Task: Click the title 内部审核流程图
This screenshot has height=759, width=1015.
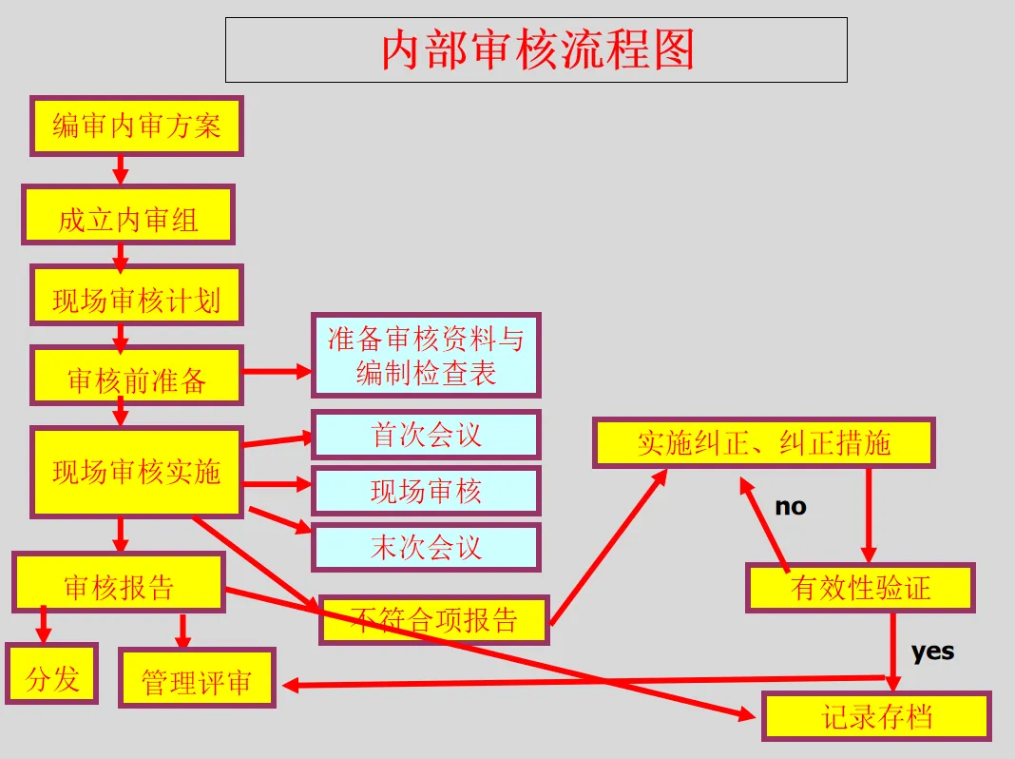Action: pyautogui.click(x=536, y=49)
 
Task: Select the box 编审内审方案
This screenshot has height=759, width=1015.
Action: pyautogui.click(x=137, y=126)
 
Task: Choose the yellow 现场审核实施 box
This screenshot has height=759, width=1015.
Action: pyautogui.click(x=137, y=472)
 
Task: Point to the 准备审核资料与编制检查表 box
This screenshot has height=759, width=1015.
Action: pyautogui.click(x=426, y=355)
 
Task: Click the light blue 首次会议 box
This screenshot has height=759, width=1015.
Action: pyautogui.click(x=426, y=435)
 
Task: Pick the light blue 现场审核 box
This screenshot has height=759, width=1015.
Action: pyautogui.click(x=426, y=491)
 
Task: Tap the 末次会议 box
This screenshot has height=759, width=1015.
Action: pyautogui.click(x=426, y=547)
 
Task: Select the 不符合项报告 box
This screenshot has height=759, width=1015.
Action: pyautogui.click(x=434, y=620)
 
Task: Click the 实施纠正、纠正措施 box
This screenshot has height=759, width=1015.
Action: pyautogui.click(x=764, y=442)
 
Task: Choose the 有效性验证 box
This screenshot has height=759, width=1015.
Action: pyautogui.click(x=860, y=588)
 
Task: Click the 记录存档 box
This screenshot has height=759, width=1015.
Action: pyautogui.click(x=876, y=716)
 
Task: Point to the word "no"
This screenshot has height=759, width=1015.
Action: pyautogui.click(x=790, y=507)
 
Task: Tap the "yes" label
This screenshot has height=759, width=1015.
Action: pyautogui.click(x=932, y=652)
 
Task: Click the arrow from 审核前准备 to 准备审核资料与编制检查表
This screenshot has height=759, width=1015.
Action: pyautogui.click(x=278, y=372)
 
